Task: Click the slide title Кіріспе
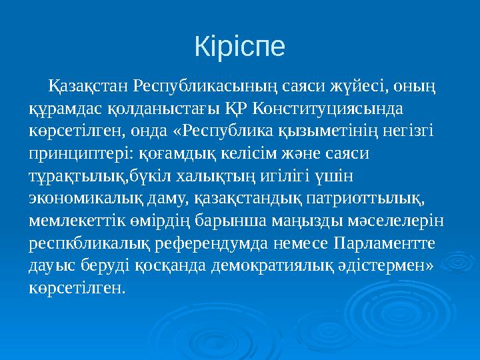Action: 239,46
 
